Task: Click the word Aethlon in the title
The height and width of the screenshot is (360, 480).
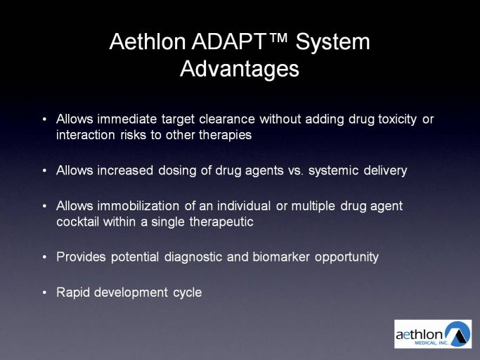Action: (x=148, y=41)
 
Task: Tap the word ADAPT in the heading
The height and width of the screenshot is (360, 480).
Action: (x=228, y=41)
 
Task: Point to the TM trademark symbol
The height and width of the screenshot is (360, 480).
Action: (x=278, y=38)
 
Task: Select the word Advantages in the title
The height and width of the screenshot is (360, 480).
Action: (x=240, y=69)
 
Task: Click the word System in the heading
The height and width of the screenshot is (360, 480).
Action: (x=332, y=42)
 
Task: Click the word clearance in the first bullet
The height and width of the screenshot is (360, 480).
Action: (x=227, y=119)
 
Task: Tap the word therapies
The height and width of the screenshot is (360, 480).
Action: (x=226, y=135)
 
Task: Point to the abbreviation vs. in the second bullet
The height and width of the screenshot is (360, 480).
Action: (x=296, y=171)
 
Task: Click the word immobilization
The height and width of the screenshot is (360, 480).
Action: (x=138, y=206)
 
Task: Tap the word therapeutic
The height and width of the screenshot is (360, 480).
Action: (x=221, y=222)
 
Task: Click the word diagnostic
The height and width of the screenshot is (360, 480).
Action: (x=193, y=257)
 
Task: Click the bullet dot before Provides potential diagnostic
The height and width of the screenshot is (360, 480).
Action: (x=45, y=257)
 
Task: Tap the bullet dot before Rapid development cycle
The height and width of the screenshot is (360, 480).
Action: (x=45, y=292)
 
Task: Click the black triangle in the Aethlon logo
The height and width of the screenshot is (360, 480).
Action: (x=459, y=336)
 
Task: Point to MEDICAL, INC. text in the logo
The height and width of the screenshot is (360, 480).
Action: (x=432, y=343)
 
